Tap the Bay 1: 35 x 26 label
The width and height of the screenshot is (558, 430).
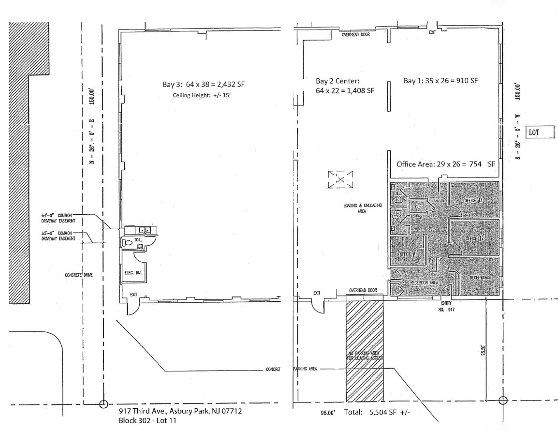click(441, 81)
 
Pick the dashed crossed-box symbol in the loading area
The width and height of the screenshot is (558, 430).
click(340, 179)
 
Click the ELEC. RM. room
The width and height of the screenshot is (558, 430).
click(132, 273)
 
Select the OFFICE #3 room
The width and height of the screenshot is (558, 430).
click(474, 200)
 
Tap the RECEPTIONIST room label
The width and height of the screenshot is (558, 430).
click(481, 278)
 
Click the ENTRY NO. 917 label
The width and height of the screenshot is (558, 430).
click(446, 306)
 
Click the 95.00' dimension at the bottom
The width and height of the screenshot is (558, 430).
click(327, 414)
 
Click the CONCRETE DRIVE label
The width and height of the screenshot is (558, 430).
click(79, 275)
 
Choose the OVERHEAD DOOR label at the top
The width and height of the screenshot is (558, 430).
click(356, 35)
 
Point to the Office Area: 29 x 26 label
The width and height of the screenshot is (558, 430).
click(446, 164)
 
